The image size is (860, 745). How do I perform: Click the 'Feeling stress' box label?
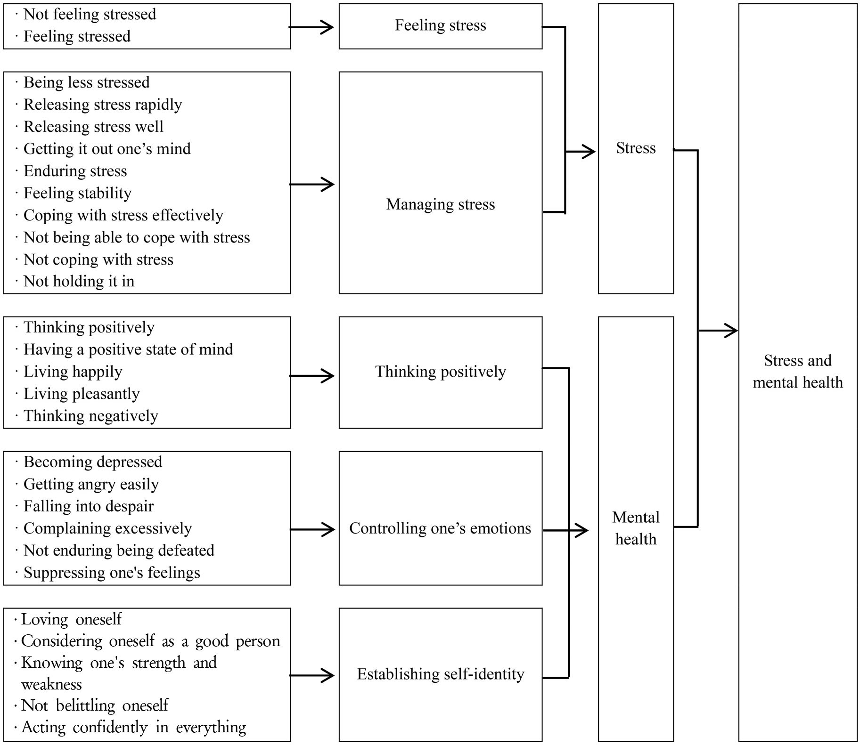440,25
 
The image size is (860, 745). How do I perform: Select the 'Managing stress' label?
440,204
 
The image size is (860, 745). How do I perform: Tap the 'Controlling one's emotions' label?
440,528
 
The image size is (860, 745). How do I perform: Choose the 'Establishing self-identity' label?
440,674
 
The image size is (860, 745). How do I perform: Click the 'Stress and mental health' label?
797,372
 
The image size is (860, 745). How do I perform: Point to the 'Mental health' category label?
636,528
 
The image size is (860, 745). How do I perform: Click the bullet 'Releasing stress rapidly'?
103,105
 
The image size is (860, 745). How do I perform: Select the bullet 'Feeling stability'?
77,193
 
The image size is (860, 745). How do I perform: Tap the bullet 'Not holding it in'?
79,281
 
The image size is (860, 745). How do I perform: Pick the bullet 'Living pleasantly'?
82,394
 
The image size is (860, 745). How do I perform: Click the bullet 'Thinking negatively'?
90,416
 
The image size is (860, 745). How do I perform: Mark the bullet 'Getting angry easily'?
91,484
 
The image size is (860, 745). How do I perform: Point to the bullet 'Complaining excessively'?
107,528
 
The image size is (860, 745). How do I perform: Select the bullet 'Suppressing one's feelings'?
112,573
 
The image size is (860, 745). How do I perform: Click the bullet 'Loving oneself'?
71,619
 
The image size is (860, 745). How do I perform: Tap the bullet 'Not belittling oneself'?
95,705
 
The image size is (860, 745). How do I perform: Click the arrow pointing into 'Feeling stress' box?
311,27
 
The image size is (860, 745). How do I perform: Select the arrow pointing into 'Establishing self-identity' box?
311,675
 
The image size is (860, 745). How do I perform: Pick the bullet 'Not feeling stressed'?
90,15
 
